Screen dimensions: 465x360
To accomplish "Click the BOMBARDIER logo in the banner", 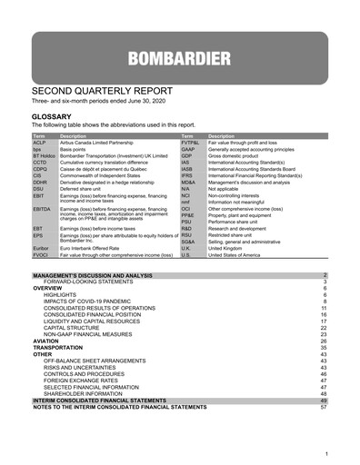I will pyautogui.click(x=180, y=61).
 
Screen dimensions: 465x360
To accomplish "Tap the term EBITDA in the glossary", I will pyautogui.click(x=43, y=209).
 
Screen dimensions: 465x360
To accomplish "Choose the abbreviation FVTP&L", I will pyautogui.click(x=192, y=143).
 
